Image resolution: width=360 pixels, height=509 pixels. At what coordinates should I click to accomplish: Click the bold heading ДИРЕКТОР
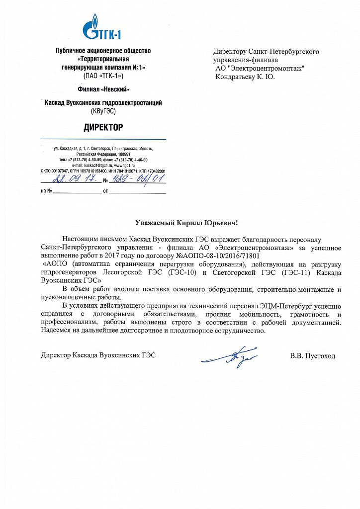click(103, 128)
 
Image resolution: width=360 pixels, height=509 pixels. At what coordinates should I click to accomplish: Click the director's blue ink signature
click(224, 356)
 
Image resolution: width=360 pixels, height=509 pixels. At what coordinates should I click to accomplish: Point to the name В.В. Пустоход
click(313, 356)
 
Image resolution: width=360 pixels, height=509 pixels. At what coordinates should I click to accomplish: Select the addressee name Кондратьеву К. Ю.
click(245, 77)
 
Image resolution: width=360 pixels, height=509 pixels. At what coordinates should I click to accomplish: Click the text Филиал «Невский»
click(103, 89)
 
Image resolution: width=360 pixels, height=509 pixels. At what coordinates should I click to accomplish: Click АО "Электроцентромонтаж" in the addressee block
click(260, 68)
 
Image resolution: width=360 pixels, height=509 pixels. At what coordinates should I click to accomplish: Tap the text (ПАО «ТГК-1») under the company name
click(103, 76)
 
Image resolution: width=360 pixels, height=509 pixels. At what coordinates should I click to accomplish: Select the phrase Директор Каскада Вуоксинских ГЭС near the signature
click(98, 356)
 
